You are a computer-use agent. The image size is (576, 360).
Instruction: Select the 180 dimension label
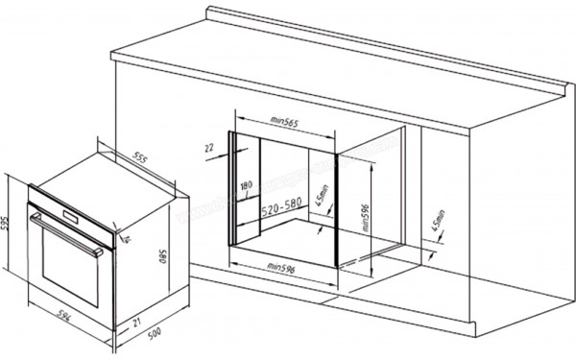pos(246,185)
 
